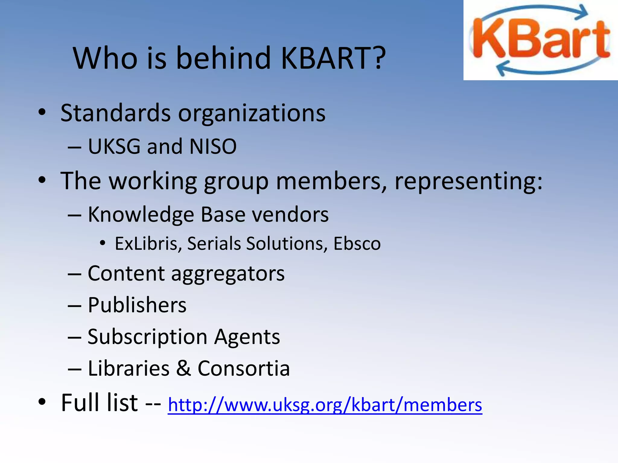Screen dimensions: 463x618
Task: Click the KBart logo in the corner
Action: [540, 40]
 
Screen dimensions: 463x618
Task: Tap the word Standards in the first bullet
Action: [116, 113]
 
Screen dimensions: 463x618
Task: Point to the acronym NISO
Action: [213, 146]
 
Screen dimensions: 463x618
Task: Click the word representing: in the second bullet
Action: [468, 181]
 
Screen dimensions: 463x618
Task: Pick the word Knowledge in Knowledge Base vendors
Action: [141, 215]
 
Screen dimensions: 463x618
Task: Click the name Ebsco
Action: [357, 243]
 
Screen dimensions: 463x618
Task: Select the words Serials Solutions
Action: [254, 243]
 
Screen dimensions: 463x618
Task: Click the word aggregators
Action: [228, 274]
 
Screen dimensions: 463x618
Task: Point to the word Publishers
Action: [137, 305]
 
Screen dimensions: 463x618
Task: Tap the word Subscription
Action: [147, 337]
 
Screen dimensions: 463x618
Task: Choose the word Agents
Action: [247, 337]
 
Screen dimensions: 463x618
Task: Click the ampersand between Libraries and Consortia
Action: [183, 368]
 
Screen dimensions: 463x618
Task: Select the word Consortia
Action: [244, 368]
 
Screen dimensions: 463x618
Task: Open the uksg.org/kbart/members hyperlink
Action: [325, 405]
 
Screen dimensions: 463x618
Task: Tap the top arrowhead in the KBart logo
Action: [582, 12]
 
